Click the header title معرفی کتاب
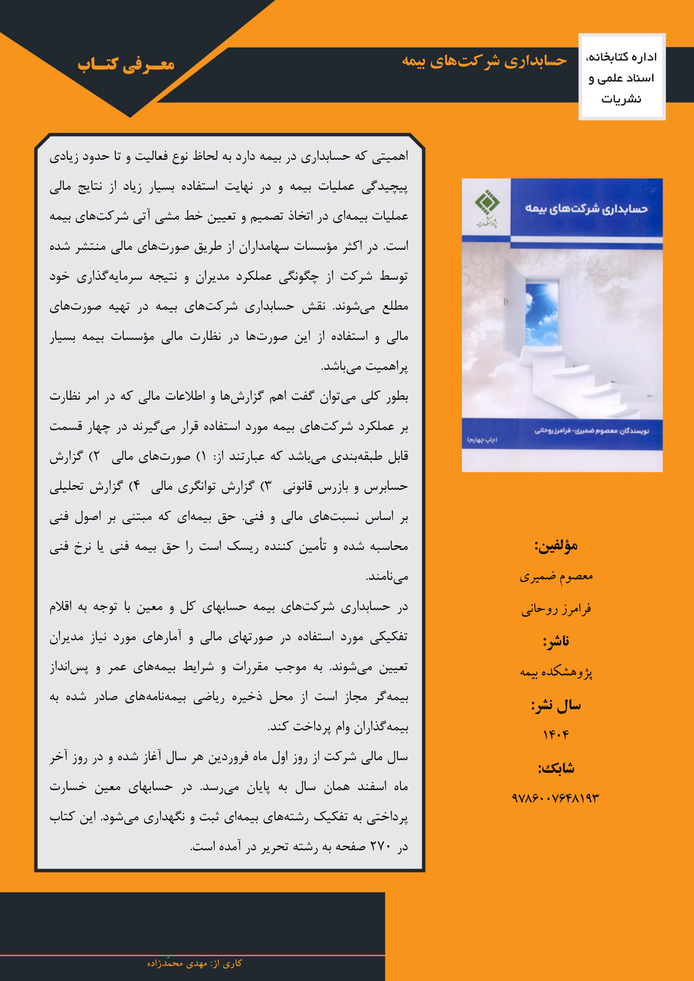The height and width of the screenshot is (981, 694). tap(126, 64)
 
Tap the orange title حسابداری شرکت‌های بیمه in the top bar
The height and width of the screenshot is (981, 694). tap(484, 61)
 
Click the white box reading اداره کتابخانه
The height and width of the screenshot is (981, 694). tap(621, 77)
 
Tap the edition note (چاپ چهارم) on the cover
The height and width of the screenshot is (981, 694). tap(482, 440)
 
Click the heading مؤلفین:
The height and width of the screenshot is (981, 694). tap(556, 545)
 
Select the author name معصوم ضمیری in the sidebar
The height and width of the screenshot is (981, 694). tap(556, 576)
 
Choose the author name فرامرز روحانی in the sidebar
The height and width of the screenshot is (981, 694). tap(556, 609)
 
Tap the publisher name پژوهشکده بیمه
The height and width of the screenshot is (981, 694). tap(556, 672)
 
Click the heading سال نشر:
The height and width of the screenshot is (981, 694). tap(556, 705)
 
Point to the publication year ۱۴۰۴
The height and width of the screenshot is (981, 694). tap(556, 735)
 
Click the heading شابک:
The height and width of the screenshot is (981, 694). tap(556, 768)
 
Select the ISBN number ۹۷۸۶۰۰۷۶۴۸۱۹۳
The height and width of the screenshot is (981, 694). tap(556, 798)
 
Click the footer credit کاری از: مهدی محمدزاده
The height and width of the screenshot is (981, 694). tap(194, 963)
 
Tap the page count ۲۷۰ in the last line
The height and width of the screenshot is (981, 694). tap(380, 847)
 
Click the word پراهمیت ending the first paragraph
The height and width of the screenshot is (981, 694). tap(386, 367)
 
